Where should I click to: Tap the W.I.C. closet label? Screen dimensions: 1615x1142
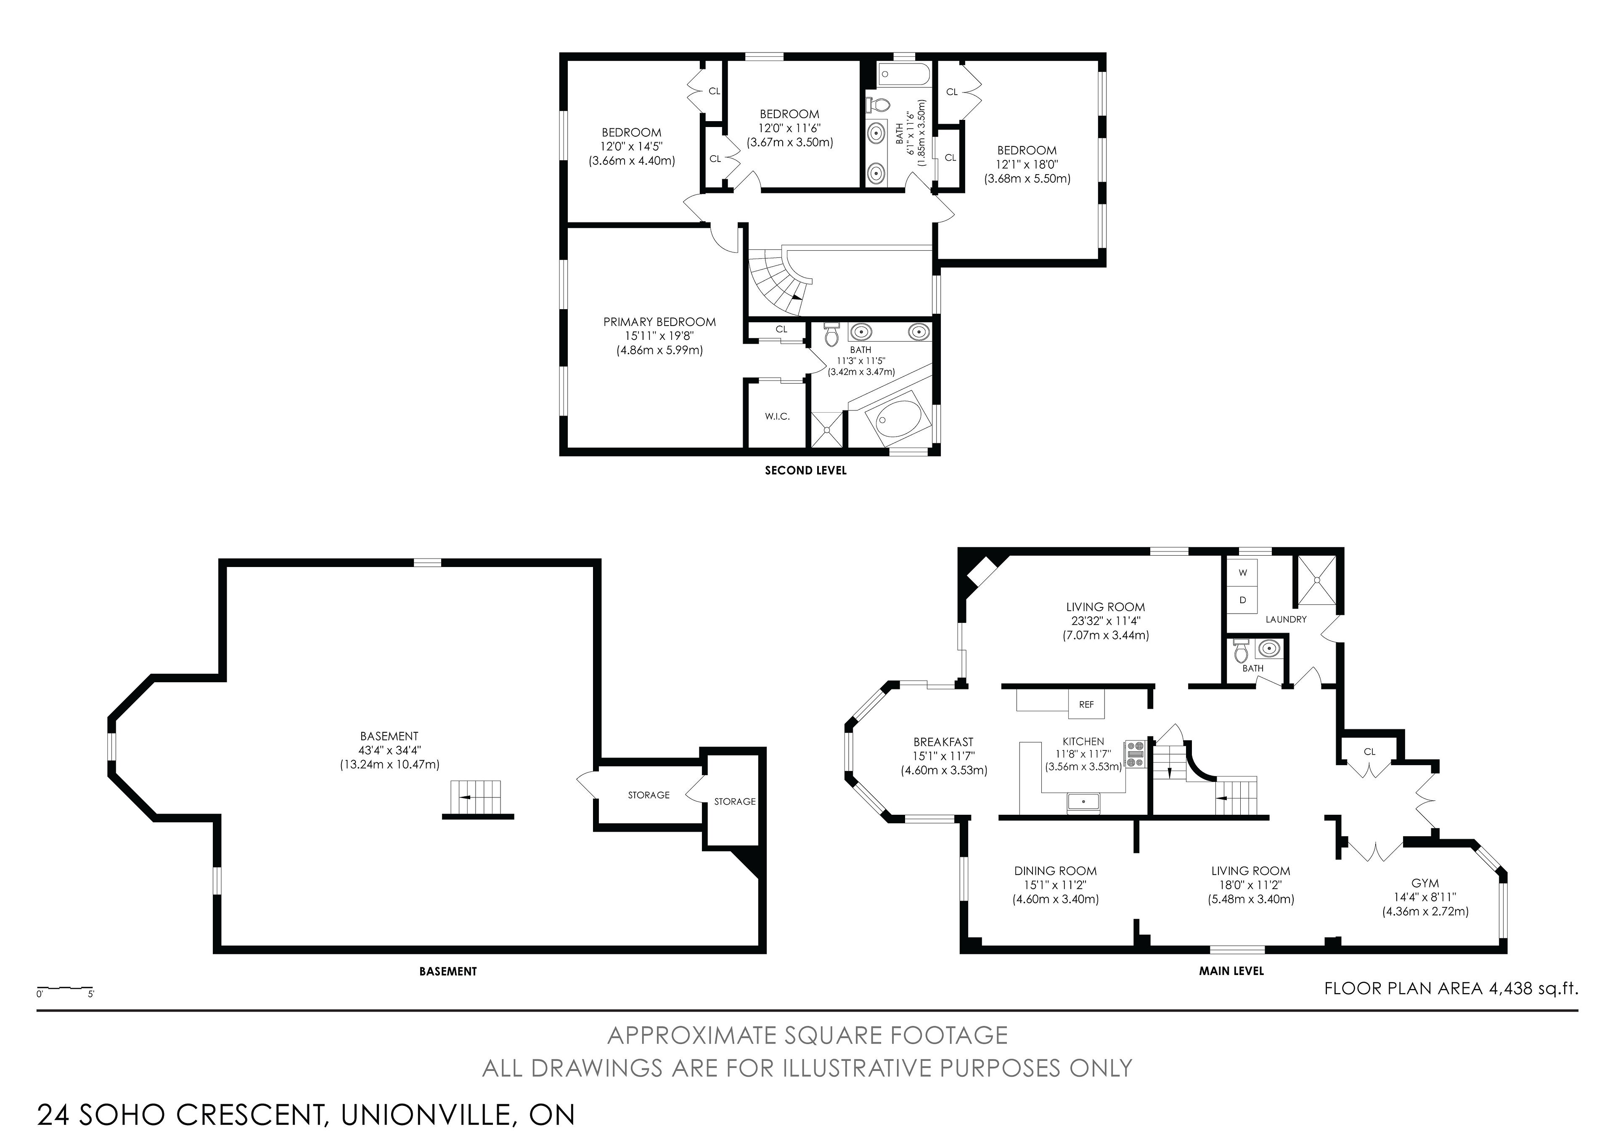pyautogui.click(x=777, y=416)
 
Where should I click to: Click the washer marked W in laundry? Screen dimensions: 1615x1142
pyautogui.click(x=1243, y=573)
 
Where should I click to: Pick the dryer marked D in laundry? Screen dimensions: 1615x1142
pyautogui.click(x=1243, y=600)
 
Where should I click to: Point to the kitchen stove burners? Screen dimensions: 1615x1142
pyautogui.click(x=1135, y=754)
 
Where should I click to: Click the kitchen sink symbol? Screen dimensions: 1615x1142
pyautogui.click(x=1083, y=801)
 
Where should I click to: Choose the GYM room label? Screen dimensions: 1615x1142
pyautogui.click(x=1425, y=883)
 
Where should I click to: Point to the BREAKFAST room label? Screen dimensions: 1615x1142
pyautogui.click(x=943, y=742)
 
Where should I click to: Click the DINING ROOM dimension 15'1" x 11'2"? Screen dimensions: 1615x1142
pyautogui.click(x=1055, y=885)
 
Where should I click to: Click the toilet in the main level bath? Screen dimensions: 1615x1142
pyautogui.click(x=1241, y=652)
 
